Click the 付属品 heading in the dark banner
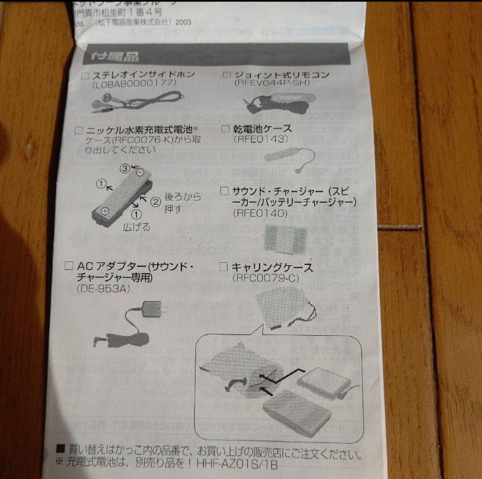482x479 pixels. click(x=111, y=57)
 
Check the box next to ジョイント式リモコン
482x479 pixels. click(x=227, y=75)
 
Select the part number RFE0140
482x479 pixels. click(x=260, y=213)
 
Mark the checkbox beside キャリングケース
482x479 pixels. click(x=225, y=267)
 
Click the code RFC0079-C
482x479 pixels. click(x=265, y=278)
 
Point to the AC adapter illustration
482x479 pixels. click(x=134, y=326)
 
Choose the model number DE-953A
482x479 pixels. click(x=103, y=289)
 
